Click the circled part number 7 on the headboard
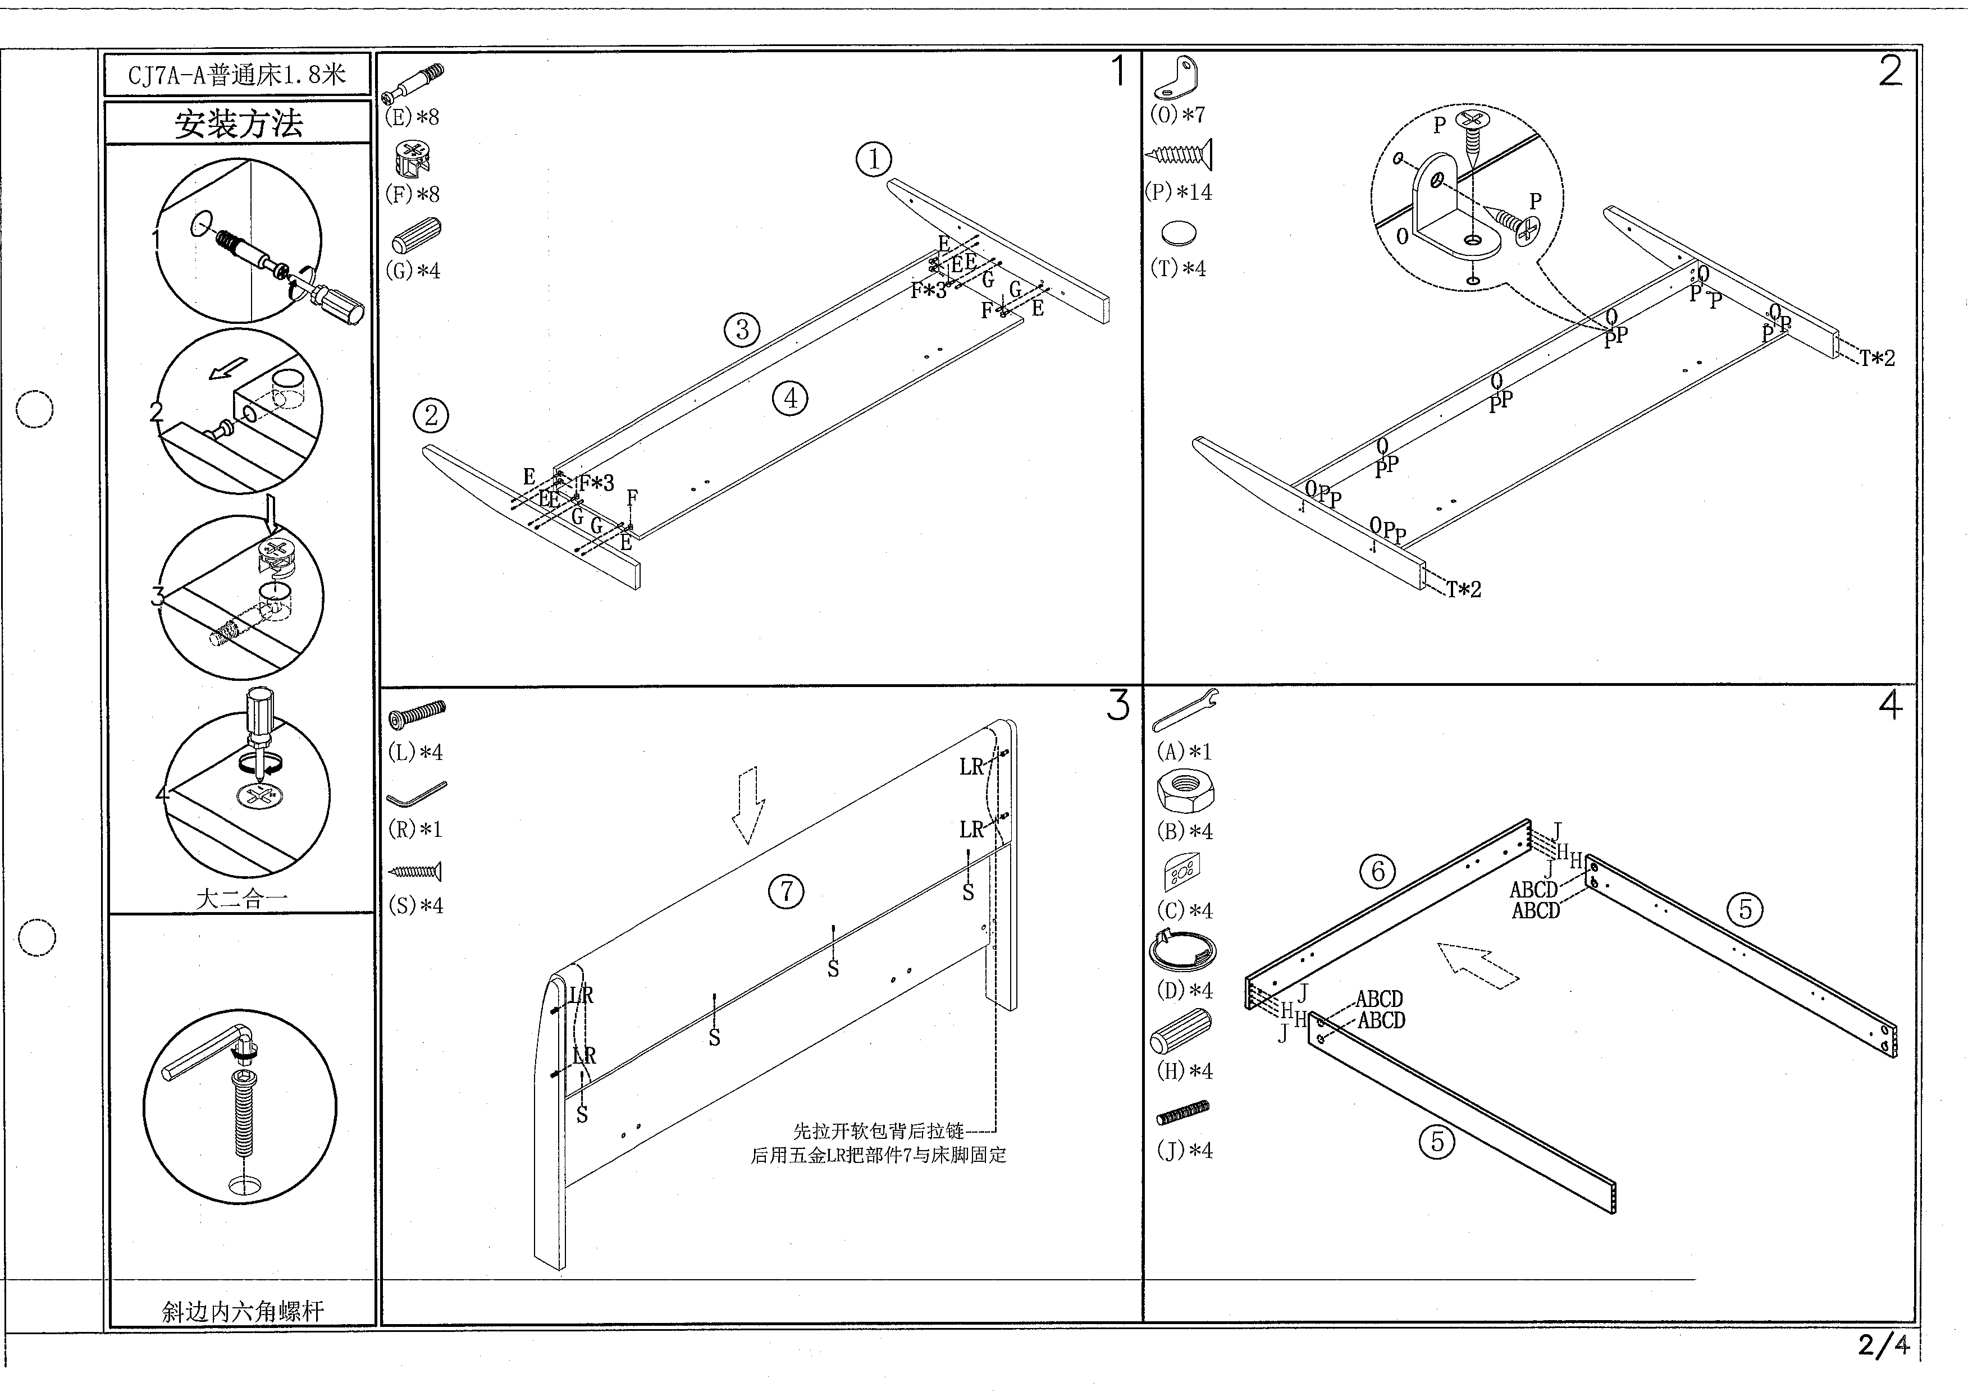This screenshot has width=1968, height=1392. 786,891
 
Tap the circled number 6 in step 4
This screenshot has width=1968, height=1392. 1378,872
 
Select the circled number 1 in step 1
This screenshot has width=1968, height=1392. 874,159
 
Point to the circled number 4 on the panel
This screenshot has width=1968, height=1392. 790,398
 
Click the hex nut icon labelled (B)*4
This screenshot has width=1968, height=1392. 1185,791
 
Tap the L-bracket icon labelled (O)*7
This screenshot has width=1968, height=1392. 1176,78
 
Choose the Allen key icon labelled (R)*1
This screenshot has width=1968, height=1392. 417,795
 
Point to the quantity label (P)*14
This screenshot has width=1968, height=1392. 1179,192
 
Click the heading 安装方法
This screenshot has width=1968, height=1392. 239,123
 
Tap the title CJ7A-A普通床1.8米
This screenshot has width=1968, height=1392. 237,75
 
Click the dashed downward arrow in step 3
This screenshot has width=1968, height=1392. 748,804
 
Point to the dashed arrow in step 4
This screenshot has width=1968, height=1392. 1477,966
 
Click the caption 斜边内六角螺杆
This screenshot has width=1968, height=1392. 243,1311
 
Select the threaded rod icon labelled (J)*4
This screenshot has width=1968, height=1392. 1184,1112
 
